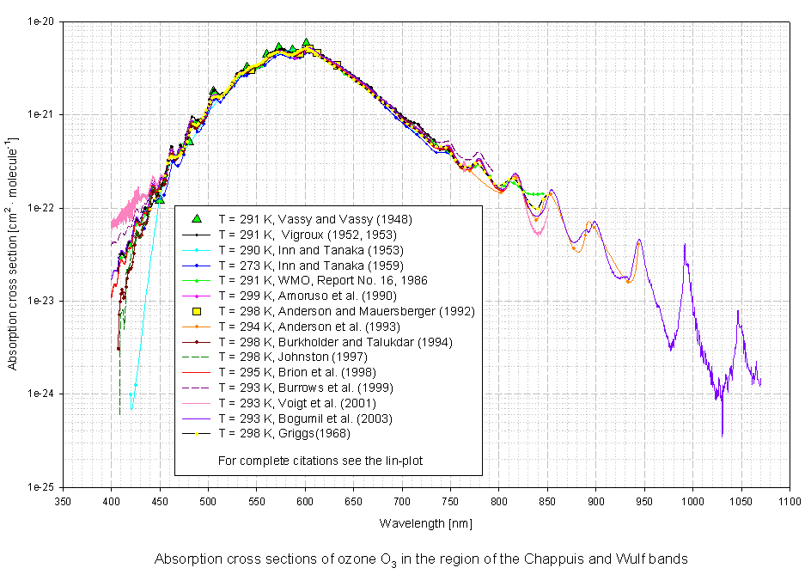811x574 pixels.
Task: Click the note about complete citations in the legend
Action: (320, 461)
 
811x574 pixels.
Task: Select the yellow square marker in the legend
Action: (197, 310)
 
